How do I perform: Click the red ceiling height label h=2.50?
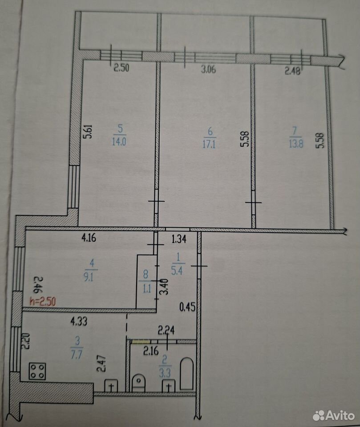tap(43, 302)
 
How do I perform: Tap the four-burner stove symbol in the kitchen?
tap(37, 371)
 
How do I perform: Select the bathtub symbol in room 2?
tap(187, 373)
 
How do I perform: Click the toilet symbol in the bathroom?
tap(139, 383)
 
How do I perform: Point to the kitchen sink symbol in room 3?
tap(111, 386)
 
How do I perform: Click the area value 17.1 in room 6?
tap(209, 144)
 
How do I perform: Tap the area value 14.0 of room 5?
tap(119, 141)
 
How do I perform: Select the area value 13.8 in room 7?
tap(295, 143)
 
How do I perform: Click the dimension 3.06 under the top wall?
tap(208, 69)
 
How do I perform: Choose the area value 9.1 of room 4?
tap(89, 277)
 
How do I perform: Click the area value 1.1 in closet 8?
tap(147, 288)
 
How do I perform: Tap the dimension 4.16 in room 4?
tap(89, 238)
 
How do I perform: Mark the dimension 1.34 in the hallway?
tap(179, 239)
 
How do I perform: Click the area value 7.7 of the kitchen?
tap(77, 355)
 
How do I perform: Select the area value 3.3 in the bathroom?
tap(165, 373)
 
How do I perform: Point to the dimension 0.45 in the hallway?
tap(187, 307)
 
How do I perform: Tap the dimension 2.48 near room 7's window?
tap(292, 71)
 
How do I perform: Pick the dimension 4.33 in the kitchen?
tap(79, 322)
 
